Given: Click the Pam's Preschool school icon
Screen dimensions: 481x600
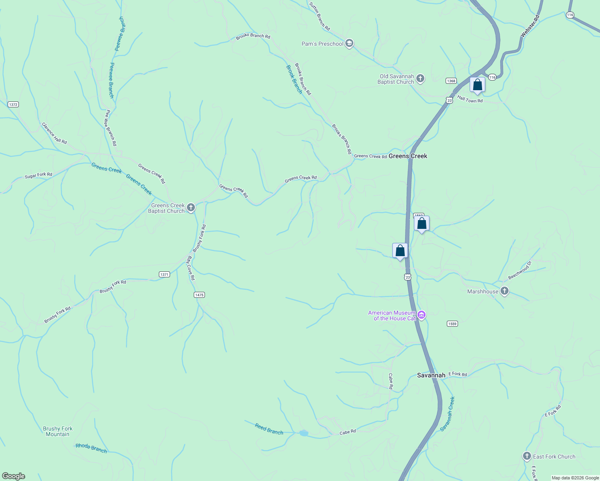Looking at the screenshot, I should pyautogui.click(x=349, y=44).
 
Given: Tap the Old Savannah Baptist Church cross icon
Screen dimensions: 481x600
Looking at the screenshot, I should pyautogui.click(x=420, y=79).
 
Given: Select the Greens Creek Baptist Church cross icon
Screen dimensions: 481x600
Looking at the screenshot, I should pyautogui.click(x=191, y=208).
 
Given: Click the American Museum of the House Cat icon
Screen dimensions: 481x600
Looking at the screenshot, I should pyautogui.click(x=422, y=315).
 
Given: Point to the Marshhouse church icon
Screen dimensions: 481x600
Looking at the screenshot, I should pyautogui.click(x=505, y=291).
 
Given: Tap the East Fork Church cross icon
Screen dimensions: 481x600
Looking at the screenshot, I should pyautogui.click(x=527, y=456).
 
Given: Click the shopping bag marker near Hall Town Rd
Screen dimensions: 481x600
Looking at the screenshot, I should pyautogui.click(x=477, y=85).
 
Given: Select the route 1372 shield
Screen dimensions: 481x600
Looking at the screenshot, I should pyautogui.click(x=13, y=105).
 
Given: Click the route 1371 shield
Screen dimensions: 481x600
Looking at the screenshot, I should pyautogui.click(x=164, y=275).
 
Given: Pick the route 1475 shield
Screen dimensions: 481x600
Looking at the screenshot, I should pyautogui.click(x=199, y=295).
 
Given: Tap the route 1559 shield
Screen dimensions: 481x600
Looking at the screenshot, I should pyautogui.click(x=452, y=324).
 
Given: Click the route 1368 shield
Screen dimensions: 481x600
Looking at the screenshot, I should pyautogui.click(x=451, y=81).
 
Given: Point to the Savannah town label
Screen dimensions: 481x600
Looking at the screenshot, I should pyautogui.click(x=431, y=375).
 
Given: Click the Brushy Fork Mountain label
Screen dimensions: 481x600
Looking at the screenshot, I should pyautogui.click(x=58, y=431).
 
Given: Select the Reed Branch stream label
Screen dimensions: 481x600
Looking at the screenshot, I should pyautogui.click(x=269, y=429).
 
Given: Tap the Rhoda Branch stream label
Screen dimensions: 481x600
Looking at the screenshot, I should pyautogui.click(x=91, y=449).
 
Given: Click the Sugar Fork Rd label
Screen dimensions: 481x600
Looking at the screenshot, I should pyautogui.click(x=39, y=175).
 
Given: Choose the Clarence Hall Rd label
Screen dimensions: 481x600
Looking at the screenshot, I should pyautogui.click(x=55, y=133).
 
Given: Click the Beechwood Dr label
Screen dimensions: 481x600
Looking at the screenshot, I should pyautogui.click(x=520, y=271).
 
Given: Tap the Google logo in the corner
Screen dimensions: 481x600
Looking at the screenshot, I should pyautogui.click(x=14, y=476).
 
